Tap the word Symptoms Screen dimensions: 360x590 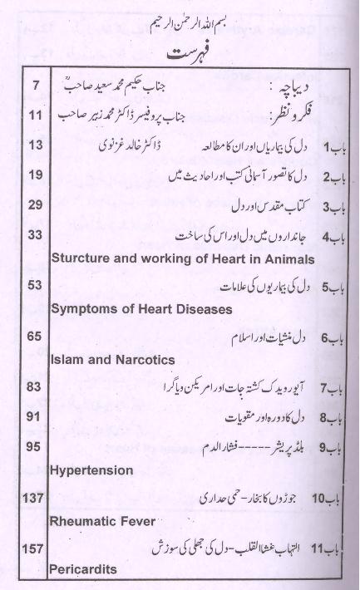tap(86, 310)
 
